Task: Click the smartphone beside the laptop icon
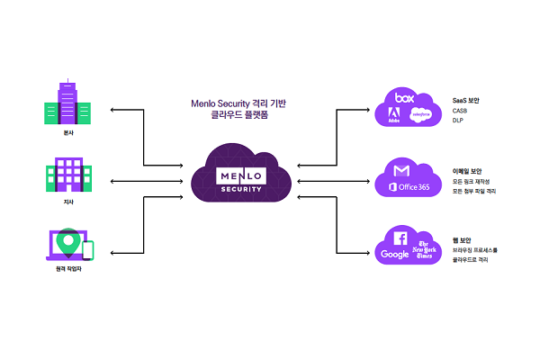tap(88, 250)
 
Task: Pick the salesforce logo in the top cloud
tap(420, 115)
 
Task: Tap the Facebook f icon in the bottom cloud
tap(399, 238)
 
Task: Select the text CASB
tap(461, 111)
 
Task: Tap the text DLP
tap(458, 121)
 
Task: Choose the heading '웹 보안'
tap(463, 238)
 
